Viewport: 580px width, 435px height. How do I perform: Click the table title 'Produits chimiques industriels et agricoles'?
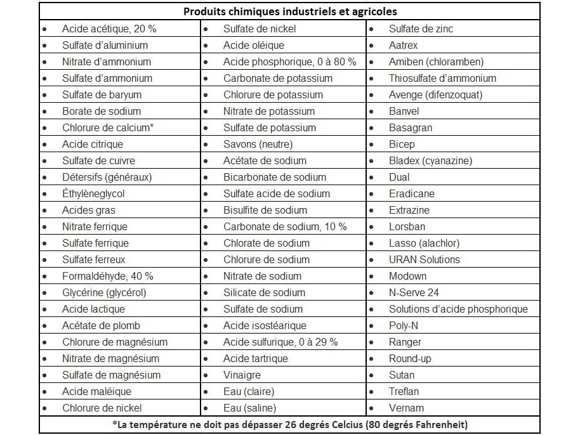pos(290,12)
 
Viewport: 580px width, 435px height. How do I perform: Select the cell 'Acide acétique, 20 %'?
pos(109,29)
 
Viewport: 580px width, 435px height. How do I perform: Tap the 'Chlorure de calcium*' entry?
pos(108,127)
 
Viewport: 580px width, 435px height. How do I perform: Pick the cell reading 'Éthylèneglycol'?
pos(93,193)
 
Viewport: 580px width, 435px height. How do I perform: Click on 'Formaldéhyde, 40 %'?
pos(107,276)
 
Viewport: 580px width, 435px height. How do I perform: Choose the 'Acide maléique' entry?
pos(96,391)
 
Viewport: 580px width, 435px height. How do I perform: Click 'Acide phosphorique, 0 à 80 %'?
pos(289,62)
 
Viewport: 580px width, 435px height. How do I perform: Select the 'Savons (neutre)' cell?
pos(258,144)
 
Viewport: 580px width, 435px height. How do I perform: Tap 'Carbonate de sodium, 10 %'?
pos(285,226)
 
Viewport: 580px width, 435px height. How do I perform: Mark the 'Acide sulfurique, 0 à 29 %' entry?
pos(280,342)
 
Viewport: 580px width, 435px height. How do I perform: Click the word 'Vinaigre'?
pos(242,375)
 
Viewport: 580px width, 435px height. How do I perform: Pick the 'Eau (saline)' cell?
pos(249,408)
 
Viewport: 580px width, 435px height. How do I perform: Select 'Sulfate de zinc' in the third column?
pos(421,29)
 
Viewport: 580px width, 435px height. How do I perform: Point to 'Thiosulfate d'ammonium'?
pos(442,78)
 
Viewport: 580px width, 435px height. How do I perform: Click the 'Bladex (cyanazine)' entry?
pos(430,160)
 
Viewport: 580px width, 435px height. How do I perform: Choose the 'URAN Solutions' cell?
pos(424,259)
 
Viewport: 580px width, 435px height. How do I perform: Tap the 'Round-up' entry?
pos(409,358)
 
